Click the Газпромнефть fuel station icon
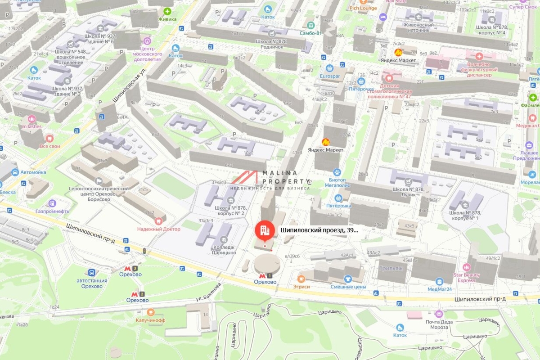coord(52,203)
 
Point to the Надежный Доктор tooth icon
coord(158,221)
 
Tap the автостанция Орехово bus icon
coord(92,272)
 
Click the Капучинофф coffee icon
coord(151,312)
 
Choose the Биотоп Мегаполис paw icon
coord(337,172)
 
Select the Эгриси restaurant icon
coord(301,279)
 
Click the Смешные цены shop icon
coord(347,279)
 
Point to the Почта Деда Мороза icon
coord(439,314)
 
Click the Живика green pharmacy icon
coord(167,11)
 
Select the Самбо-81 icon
coord(310,25)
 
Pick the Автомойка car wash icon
coord(15,172)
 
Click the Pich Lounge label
coord(363,8)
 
